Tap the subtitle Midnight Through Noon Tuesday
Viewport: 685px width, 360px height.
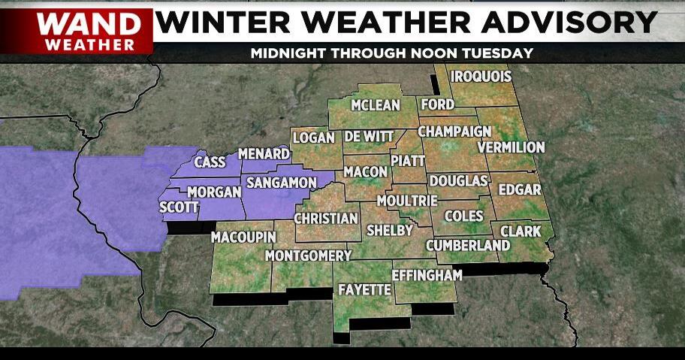pos(391,53)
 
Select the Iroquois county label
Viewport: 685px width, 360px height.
pos(481,77)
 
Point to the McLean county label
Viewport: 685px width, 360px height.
pos(376,105)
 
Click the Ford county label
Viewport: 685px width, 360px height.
pos(437,104)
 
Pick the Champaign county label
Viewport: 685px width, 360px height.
pos(454,132)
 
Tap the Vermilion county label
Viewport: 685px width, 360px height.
pos(511,147)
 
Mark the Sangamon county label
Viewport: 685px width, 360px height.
pos(282,183)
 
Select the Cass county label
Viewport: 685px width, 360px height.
pos(210,162)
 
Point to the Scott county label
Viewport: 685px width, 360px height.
pos(179,207)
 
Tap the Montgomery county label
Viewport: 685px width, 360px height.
pos(309,256)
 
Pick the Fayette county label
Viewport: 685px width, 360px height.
pos(364,289)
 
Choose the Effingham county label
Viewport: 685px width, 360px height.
pos(427,275)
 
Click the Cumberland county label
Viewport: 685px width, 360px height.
pos(468,246)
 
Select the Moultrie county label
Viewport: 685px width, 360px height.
pos(407,201)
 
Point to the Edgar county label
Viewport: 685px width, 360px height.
pos(519,189)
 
